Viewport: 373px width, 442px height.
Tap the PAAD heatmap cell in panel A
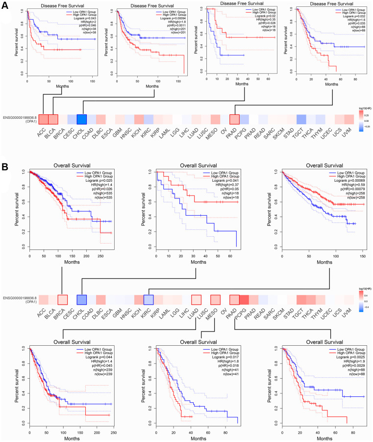pos(234,119)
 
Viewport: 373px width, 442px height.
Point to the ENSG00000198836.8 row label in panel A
pos(20,117)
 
